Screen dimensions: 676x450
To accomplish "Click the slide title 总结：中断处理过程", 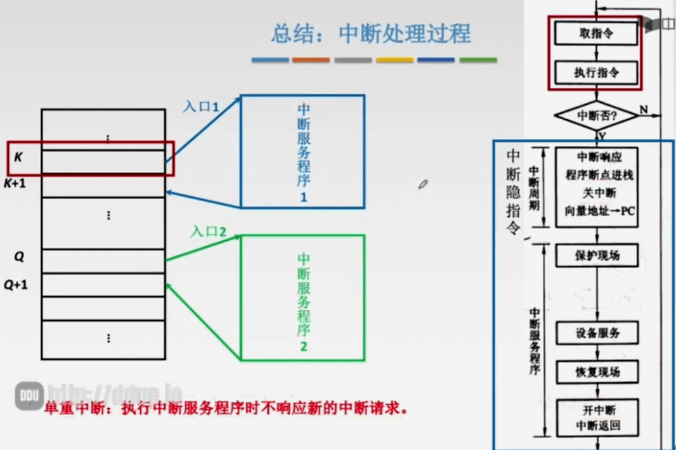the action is [x=372, y=34].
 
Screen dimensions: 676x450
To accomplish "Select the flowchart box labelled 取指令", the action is [x=596, y=33].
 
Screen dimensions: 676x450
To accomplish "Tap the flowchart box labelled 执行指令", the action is [x=596, y=73].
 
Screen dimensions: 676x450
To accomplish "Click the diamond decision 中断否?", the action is [x=596, y=116].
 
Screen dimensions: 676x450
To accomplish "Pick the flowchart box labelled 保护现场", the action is [x=597, y=255].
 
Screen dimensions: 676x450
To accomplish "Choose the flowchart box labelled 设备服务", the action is [x=597, y=333].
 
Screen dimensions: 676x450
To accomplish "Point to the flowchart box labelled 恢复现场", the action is [x=597, y=372].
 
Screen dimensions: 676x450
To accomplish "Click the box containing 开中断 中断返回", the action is [x=597, y=417].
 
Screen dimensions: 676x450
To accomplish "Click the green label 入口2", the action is [x=208, y=231].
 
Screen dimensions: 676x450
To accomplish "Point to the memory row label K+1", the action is [x=15, y=184].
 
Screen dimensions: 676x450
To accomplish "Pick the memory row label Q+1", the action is [x=16, y=285].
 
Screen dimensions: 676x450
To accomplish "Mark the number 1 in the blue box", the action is [x=304, y=197].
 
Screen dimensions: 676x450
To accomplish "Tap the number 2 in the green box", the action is [x=304, y=347].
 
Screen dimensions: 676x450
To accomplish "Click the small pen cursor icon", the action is [x=423, y=184].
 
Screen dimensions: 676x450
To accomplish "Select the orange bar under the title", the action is [x=311, y=60].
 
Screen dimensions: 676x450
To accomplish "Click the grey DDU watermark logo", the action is [x=29, y=395].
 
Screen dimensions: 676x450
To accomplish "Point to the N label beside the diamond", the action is [x=644, y=110].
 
